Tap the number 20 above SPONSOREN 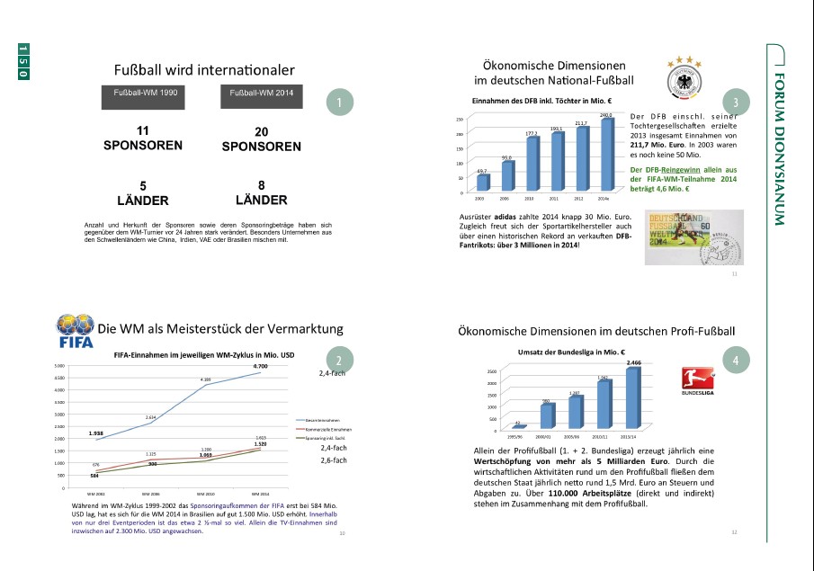(261, 131)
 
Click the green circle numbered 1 (338, 103)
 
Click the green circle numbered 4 (736, 361)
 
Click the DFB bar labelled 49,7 (483, 182)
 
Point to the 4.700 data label (260, 367)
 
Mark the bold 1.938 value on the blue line (97, 433)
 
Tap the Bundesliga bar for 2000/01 (546, 415)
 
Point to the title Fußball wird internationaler (204, 70)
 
